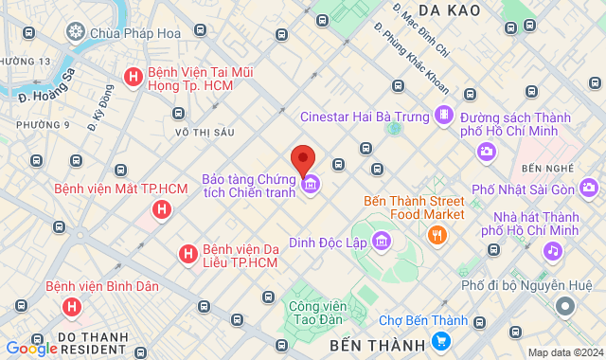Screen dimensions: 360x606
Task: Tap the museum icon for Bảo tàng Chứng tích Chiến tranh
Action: (311, 185)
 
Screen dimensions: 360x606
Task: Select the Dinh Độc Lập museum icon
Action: (381, 242)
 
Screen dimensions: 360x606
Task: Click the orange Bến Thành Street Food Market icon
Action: (437, 234)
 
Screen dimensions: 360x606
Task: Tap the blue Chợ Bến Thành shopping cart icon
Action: (440, 340)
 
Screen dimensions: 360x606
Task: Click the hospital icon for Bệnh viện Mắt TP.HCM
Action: (162, 208)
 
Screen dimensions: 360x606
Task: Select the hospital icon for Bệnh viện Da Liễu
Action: (188, 253)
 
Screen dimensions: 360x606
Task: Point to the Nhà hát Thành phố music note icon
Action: (551, 251)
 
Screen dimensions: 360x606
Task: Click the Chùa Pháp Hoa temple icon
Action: (76, 34)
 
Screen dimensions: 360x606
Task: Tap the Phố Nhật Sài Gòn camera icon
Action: (588, 186)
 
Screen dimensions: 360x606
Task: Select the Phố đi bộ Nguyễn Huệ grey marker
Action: (565, 306)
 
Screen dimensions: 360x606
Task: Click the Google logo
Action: (30, 349)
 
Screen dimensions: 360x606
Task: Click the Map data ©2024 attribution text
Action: (564, 352)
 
